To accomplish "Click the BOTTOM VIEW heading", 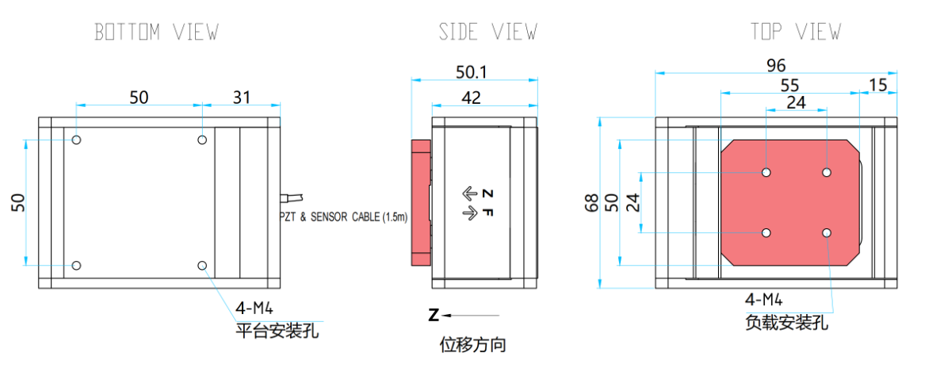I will [156, 33].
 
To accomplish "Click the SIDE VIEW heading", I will [487, 33].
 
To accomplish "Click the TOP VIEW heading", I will [795, 33].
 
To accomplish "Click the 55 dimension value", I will [790, 84].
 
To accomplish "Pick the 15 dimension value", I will [878, 84].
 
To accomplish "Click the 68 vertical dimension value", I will [591, 203].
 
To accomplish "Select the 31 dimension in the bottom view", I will [241, 97].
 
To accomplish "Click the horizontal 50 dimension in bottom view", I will [139, 97].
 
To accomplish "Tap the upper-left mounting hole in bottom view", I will [76, 140].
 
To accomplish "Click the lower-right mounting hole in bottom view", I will [203, 266].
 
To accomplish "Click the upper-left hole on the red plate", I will [766, 172].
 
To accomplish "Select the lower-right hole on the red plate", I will [827, 232].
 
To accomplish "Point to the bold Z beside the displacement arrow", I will [434, 316].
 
